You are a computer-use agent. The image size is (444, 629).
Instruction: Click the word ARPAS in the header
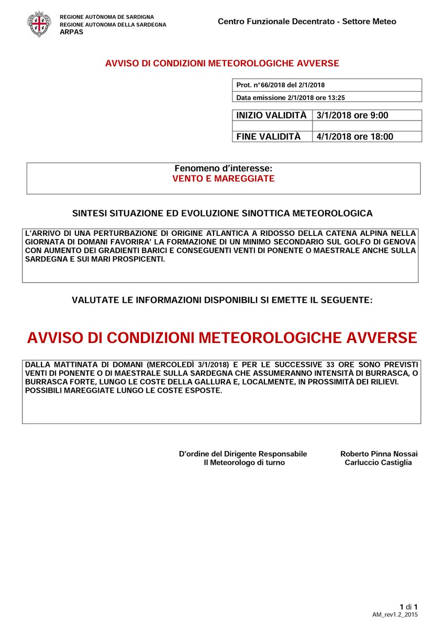coord(71,31)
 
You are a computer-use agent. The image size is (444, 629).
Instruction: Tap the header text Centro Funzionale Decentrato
coord(273,21)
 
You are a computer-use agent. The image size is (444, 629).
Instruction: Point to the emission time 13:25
coord(341,97)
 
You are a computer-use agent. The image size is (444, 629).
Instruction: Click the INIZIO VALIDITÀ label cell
coord(271,115)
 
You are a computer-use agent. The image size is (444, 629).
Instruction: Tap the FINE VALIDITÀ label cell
coord(269,136)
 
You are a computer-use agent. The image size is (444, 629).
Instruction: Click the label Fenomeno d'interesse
coord(224,169)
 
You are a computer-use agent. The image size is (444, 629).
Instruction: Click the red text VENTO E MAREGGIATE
coord(224,179)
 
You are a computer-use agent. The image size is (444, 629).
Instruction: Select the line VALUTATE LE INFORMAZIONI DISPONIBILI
coord(223,300)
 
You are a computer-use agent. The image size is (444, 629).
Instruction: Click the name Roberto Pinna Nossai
coord(379,453)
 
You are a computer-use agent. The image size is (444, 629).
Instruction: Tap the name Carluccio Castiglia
coord(378,462)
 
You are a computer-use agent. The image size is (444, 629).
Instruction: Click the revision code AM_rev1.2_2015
coord(395,614)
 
